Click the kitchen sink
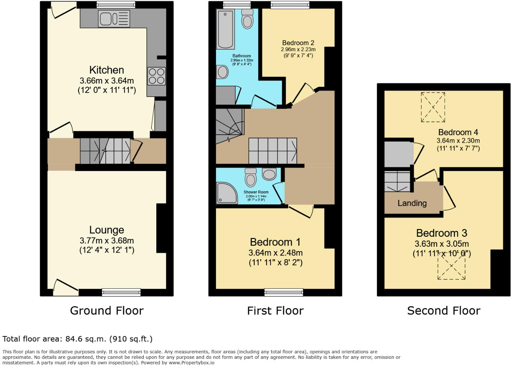(x=114, y=18)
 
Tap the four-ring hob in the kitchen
(x=156, y=76)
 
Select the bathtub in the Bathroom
(x=225, y=29)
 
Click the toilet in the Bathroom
(x=247, y=19)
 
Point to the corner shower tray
(x=227, y=193)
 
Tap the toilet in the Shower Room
(x=251, y=177)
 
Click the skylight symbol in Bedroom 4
(x=433, y=107)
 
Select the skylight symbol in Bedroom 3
(x=451, y=266)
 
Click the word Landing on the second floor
(x=412, y=203)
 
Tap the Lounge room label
(x=107, y=230)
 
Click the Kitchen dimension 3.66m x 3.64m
(x=107, y=81)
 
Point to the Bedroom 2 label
(x=298, y=43)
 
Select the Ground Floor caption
(x=107, y=311)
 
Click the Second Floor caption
(x=444, y=311)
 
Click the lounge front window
(x=121, y=292)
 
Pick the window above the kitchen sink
(x=116, y=5)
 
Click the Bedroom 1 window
(x=284, y=292)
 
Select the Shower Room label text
(x=256, y=192)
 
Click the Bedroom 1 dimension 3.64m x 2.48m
(x=275, y=253)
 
